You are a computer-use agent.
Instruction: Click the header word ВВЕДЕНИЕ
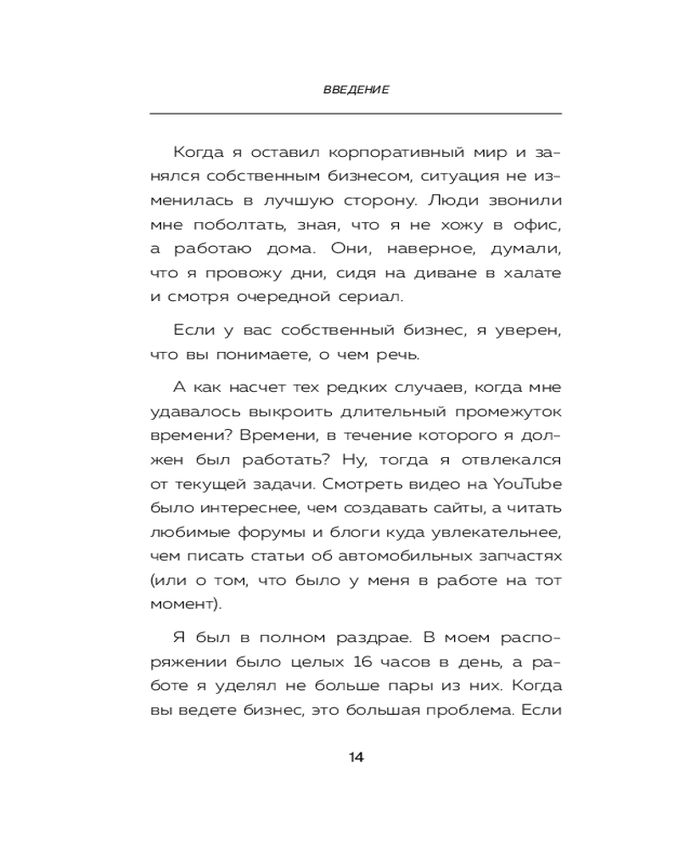coord(356,90)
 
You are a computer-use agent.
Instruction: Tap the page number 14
coord(356,757)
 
